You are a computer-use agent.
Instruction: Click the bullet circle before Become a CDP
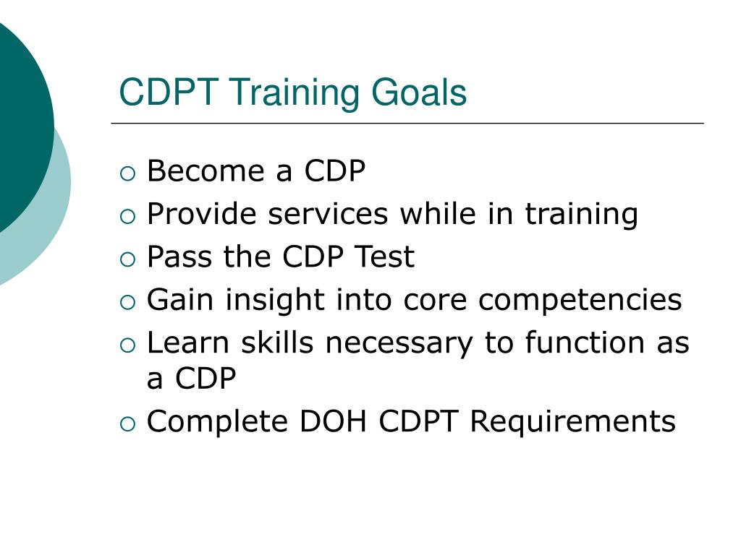(127, 173)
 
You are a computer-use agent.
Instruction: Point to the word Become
(206, 171)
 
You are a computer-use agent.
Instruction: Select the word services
(328, 214)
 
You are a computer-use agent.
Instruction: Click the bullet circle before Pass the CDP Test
(127, 259)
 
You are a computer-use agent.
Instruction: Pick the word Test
(385, 257)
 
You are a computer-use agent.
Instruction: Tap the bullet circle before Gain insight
(127, 303)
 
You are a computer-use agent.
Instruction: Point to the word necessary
(399, 345)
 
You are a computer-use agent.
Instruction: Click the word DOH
(333, 421)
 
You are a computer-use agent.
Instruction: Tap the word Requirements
(573, 423)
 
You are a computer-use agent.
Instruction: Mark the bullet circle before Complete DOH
(127, 423)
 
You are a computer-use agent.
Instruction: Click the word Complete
(217, 423)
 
